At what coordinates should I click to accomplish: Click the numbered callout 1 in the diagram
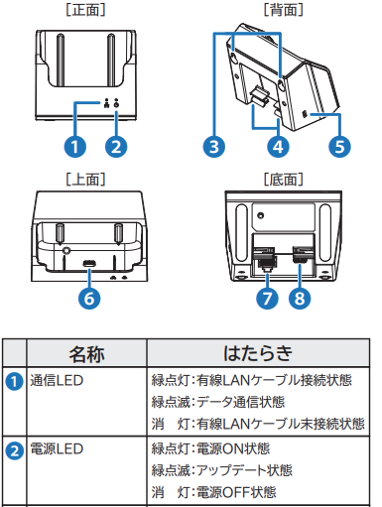[75, 147]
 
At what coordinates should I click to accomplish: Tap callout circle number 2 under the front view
[116, 147]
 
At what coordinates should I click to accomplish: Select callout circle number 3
[214, 147]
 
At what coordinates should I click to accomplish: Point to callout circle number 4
[278, 147]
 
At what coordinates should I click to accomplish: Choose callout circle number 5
[339, 147]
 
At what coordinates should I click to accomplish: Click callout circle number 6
[89, 298]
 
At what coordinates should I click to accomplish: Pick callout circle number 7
[267, 298]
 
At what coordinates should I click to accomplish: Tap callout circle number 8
[300, 298]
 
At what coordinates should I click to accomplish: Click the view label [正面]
[85, 10]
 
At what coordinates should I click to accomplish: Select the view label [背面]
[283, 10]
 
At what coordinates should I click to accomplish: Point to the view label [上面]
[85, 180]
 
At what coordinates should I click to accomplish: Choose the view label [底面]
[283, 180]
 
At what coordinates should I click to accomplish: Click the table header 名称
[86, 354]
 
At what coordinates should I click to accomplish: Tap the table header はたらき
[258, 353]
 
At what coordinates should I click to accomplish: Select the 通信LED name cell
[57, 380]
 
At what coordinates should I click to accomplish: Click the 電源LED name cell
[57, 449]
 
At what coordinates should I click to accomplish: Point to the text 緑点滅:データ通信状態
[218, 402]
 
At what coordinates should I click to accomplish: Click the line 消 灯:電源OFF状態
[214, 492]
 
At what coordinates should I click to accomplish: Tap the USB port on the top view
[89, 264]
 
